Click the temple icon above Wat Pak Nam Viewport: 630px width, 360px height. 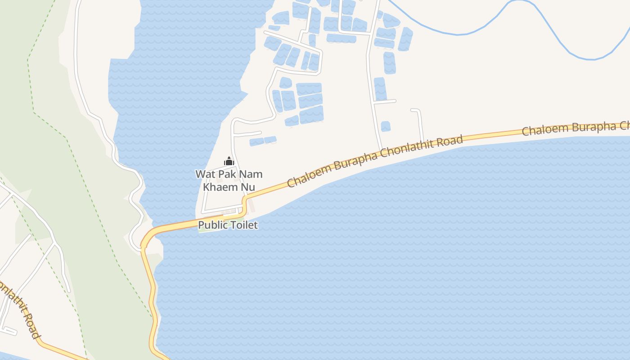click(229, 161)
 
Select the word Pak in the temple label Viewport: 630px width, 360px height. click(228, 174)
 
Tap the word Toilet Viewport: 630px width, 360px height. click(244, 225)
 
